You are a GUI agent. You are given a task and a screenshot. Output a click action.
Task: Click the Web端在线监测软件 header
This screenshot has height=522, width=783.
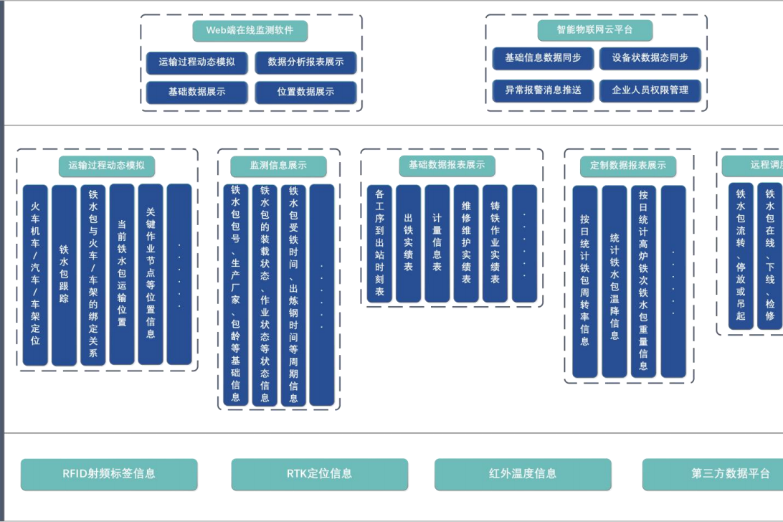[x=250, y=30]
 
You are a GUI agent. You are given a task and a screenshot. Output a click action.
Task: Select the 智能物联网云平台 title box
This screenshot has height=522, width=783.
[x=594, y=30]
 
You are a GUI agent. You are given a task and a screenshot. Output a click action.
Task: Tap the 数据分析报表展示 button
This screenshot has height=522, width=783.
[x=305, y=62]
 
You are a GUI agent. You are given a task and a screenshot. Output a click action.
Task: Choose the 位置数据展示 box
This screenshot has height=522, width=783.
[x=305, y=92]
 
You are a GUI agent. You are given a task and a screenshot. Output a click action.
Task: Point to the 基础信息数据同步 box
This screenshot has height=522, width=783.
[x=543, y=58]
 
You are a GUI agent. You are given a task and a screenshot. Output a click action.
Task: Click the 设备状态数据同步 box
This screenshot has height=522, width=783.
[x=650, y=58]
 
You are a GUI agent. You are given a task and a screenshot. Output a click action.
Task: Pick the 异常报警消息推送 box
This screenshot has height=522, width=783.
[x=543, y=90]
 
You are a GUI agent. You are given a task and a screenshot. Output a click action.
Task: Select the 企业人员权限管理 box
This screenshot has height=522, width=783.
[x=650, y=90]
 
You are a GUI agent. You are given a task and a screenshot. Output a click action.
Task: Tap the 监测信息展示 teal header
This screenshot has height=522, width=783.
[x=278, y=166]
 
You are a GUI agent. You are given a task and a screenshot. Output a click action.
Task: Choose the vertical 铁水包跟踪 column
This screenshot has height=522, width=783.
[x=64, y=275]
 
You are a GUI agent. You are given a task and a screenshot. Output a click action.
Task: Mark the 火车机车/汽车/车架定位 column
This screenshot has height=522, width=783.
[x=35, y=275]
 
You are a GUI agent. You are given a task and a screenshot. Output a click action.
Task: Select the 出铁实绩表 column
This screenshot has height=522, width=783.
[x=408, y=244]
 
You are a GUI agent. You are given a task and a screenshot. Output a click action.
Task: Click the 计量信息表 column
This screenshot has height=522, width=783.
[x=437, y=244]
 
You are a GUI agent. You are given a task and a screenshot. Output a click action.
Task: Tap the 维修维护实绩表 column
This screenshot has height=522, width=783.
[x=466, y=244]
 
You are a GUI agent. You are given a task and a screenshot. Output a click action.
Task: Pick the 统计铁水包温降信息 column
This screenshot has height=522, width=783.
[x=614, y=282]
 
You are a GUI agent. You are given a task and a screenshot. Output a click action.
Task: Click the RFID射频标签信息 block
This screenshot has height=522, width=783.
[x=109, y=474]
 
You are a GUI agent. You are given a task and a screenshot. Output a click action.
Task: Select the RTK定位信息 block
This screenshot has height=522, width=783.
[x=319, y=474]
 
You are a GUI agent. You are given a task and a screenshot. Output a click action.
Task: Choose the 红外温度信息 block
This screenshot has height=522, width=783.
[x=523, y=474]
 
